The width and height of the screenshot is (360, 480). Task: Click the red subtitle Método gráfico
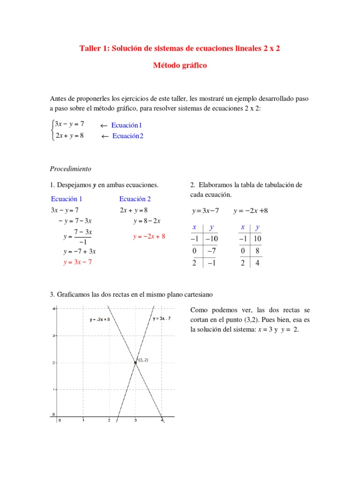180,66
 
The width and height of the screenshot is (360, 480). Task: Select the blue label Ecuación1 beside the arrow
127,125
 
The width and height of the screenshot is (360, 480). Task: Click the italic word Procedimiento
70,169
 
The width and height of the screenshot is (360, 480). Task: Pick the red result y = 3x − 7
77,262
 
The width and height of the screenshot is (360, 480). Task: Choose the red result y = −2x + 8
149,237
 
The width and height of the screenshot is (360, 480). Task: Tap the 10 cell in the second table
257,239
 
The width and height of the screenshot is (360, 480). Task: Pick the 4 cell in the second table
257,263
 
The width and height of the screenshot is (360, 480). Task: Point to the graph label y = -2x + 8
99,319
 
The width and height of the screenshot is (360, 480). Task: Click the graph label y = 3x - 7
162,319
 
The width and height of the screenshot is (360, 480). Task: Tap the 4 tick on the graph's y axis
54,308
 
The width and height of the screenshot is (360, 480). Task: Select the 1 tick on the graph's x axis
83,420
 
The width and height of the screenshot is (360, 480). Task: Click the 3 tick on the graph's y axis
54,336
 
